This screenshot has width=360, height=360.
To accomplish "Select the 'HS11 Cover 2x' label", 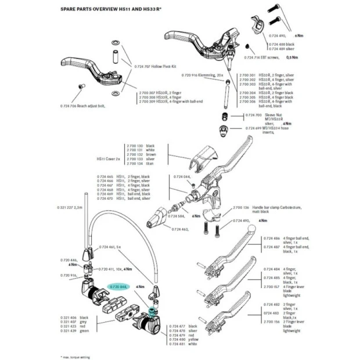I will (109, 158).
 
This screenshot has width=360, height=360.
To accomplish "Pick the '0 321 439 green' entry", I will (67, 330).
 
